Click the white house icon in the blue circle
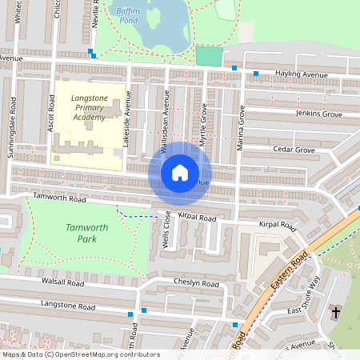180,173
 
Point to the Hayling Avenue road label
295,74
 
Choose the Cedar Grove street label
294,150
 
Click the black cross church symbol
335,311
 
